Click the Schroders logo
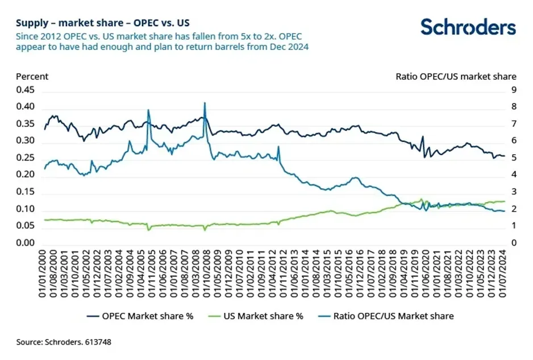tap(468, 27)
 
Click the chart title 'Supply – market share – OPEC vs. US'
tap(103, 23)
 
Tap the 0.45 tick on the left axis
tap(25, 90)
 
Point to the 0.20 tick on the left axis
tap(25, 175)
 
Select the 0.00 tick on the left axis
tap(25, 243)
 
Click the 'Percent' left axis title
tap(32, 76)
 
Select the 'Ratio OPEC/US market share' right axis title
tap(455, 76)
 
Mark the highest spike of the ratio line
tap(204, 103)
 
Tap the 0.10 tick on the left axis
tap(25, 209)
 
